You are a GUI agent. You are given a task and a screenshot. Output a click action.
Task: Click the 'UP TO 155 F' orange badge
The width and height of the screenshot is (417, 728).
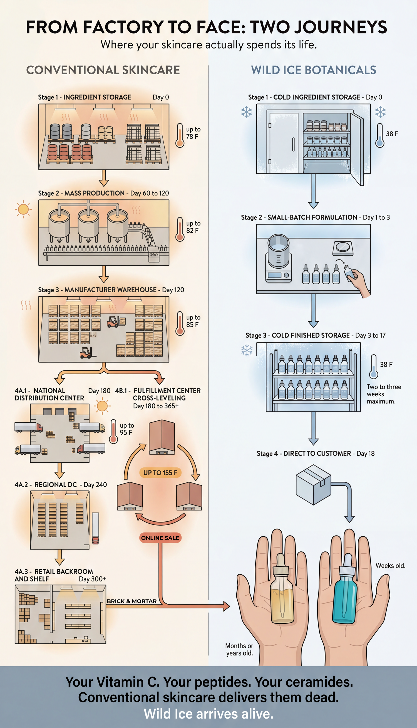[x=160, y=472]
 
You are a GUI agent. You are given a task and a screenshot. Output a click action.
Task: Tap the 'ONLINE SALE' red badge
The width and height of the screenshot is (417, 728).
[x=160, y=538]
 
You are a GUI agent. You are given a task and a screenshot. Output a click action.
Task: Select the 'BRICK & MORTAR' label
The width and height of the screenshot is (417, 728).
[x=132, y=601]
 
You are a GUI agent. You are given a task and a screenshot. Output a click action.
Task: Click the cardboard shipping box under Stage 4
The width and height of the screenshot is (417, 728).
[x=313, y=484]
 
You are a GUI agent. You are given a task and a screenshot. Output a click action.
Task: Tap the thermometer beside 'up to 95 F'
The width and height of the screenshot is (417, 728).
[x=114, y=432]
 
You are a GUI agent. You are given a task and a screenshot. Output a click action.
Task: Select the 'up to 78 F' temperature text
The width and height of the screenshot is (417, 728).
[x=193, y=133]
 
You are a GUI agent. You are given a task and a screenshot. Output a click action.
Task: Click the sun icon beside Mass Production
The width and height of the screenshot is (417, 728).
[x=23, y=209]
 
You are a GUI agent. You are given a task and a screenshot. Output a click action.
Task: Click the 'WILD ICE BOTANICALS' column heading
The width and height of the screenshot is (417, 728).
[x=314, y=70]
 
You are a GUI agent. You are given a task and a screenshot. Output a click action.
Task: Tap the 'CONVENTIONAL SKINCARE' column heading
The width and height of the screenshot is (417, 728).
[x=103, y=70]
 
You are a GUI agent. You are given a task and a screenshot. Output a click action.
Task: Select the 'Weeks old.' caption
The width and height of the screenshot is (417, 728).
[x=390, y=566]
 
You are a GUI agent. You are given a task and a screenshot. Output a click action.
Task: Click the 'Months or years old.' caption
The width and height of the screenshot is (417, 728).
[x=239, y=649]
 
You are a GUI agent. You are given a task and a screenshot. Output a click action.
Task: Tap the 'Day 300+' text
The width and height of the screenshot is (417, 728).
[x=93, y=579]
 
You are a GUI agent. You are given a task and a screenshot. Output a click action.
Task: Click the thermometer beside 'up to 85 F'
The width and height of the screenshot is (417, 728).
[x=180, y=323]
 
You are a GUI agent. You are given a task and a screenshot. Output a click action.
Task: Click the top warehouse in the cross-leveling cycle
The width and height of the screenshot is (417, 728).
[x=162, y=437]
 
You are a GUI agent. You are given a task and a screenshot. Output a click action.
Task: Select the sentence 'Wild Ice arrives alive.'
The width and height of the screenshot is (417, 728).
[x=209, y=714]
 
